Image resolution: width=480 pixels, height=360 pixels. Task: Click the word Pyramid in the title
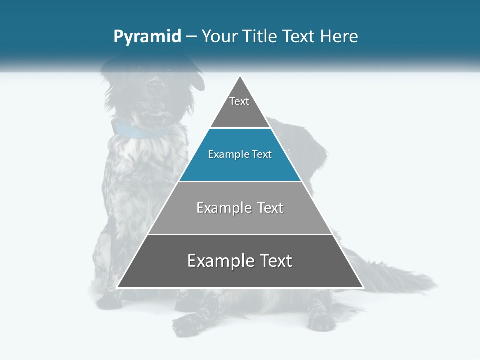147,37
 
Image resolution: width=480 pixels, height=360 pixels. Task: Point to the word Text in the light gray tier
270,208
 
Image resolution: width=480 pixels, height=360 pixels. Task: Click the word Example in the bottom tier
220,261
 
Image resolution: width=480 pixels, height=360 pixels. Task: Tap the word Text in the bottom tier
275,261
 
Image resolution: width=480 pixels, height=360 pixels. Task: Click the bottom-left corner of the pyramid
117,287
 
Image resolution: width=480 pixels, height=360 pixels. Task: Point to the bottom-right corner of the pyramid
363,287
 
